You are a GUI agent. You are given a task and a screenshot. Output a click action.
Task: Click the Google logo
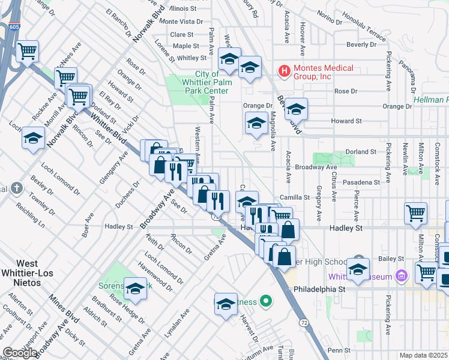click(19, 353)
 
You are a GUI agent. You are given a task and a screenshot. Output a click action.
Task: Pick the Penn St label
click(339, 350)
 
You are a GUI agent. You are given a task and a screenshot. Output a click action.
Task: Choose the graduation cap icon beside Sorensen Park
click(135, 289)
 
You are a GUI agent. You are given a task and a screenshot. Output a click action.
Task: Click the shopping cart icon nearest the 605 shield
click(27, 52)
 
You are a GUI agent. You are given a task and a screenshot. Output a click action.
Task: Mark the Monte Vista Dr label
click(177, 21)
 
